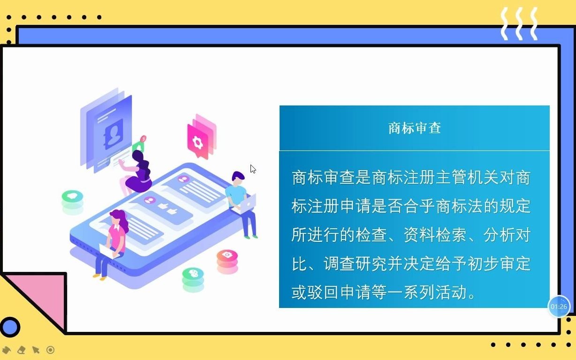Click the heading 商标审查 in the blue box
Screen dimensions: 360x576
[x=415, y=128]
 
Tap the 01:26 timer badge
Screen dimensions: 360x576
[x=559, y=307]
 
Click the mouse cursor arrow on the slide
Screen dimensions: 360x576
[x=253, y=169]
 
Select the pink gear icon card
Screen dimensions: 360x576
[x=198, y=140]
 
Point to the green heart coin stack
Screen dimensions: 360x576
[x=72, y=200]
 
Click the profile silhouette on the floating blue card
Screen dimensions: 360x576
[x=113, y=134]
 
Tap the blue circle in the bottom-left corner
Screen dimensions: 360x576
[x=10, y=327]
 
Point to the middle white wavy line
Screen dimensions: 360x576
[x=519, y=23]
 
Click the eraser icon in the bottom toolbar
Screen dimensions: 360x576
[x=21, y=350]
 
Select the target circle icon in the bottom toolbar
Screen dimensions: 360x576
[x=50, y=350]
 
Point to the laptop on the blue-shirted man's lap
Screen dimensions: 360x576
[x=248, y=204]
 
